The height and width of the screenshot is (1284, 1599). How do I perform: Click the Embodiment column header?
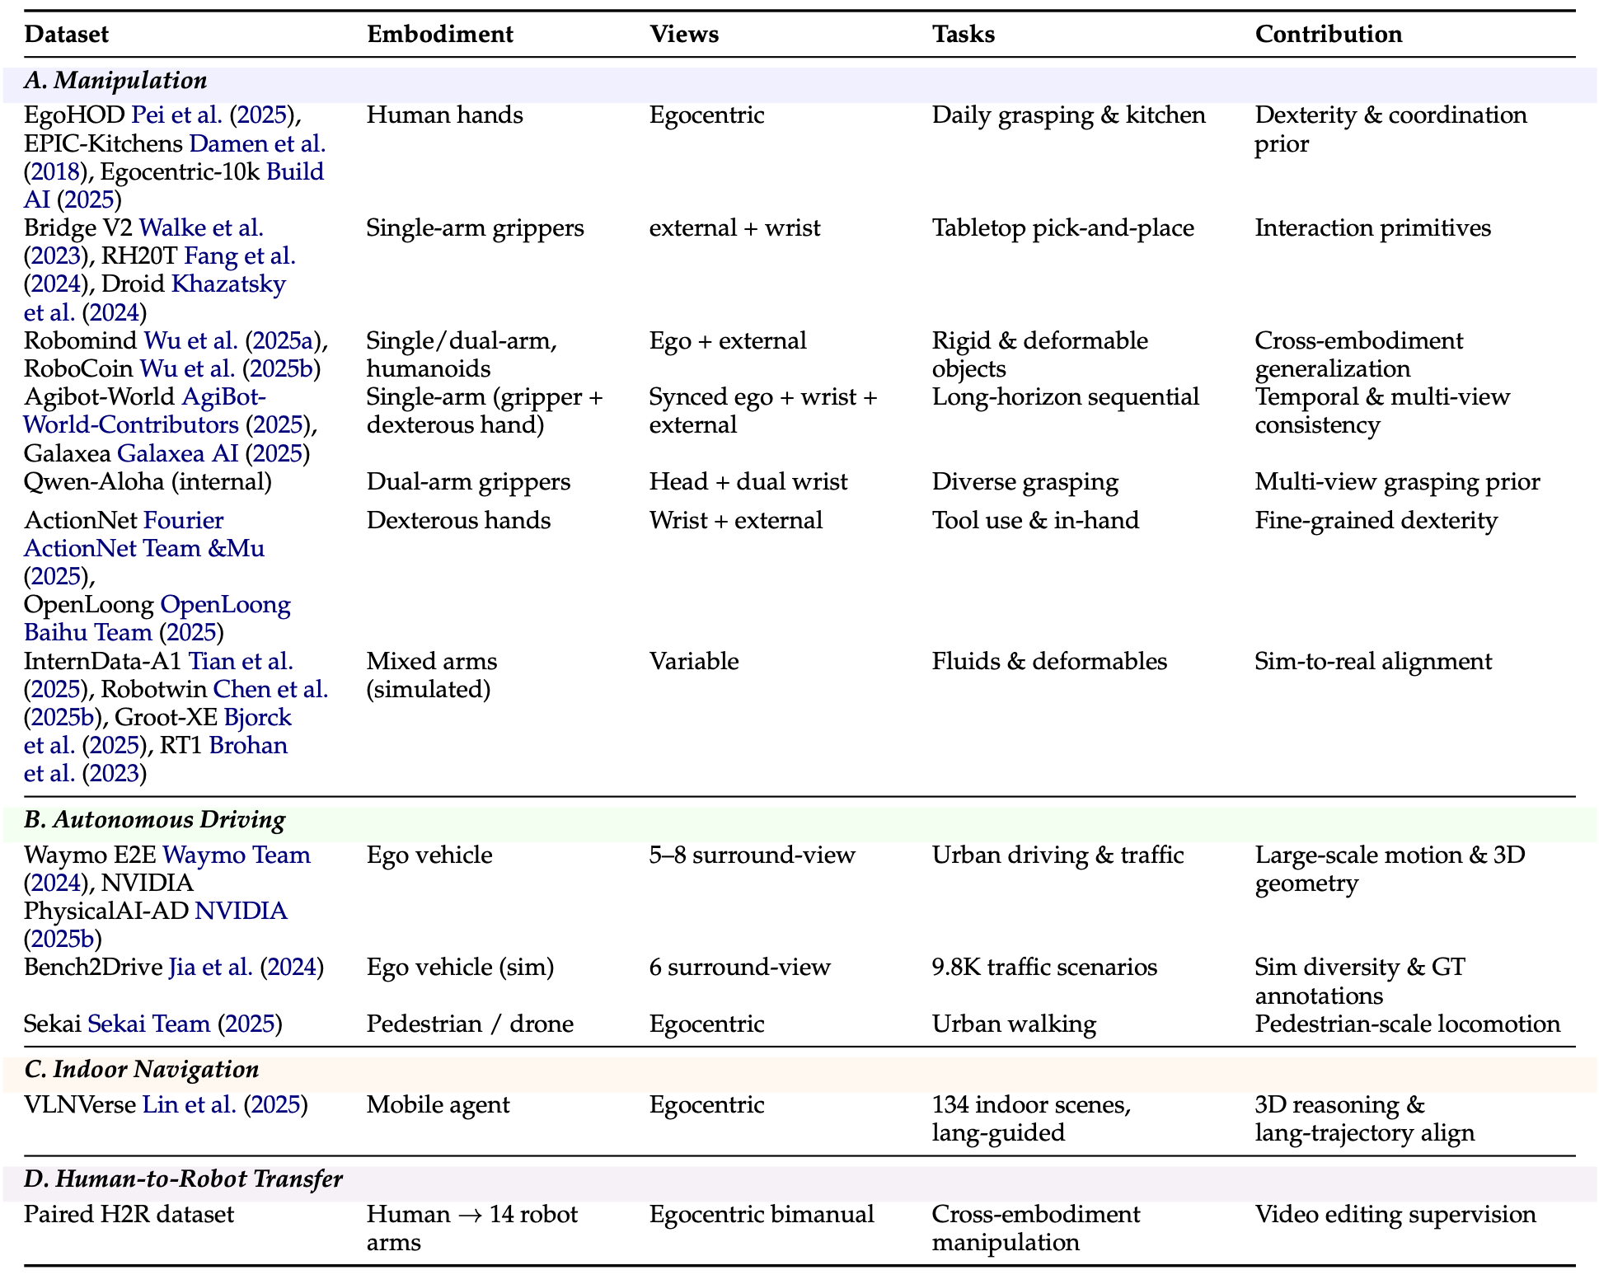(x=440, y=34)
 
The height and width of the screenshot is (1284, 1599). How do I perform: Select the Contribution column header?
(x=1329, y=34)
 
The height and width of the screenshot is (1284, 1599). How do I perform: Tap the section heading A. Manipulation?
(x=115, y=81)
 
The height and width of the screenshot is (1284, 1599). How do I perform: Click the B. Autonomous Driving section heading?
(x=155, y=820)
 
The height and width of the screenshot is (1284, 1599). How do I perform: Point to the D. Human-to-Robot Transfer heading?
(x=183, y=1179)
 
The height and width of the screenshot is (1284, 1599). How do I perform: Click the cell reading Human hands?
(x=445, y=115)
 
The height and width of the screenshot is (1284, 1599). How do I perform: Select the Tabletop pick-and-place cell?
(x=1063, y=228)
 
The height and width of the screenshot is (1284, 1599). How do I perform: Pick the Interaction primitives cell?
(x=1373, y=228)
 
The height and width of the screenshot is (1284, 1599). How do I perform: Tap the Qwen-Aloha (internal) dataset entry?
(x=148, y=482)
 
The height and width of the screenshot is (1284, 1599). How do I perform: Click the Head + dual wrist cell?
(x=748, y=482)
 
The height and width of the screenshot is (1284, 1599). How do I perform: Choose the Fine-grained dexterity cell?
(x=1376, y=521)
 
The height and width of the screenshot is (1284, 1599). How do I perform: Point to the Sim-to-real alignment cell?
(x=1373, y=662)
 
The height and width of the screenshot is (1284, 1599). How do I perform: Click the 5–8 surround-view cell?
(x=753, y=855)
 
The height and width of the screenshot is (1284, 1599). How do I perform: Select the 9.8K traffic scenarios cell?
(x=1045, y=968)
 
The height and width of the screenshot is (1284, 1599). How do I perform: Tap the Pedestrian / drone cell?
(x=471, y=1024)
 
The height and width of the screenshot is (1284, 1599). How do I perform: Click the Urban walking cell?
(x=1015, y=1024)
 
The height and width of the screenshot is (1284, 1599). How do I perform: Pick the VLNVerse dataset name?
(x=80, y=1105)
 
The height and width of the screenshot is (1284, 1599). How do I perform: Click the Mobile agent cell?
(x=438, y=1105)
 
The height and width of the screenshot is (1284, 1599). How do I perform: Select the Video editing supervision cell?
(x=1395, y=1215)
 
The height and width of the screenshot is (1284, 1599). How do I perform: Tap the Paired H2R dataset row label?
(x=129, y=1215)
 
